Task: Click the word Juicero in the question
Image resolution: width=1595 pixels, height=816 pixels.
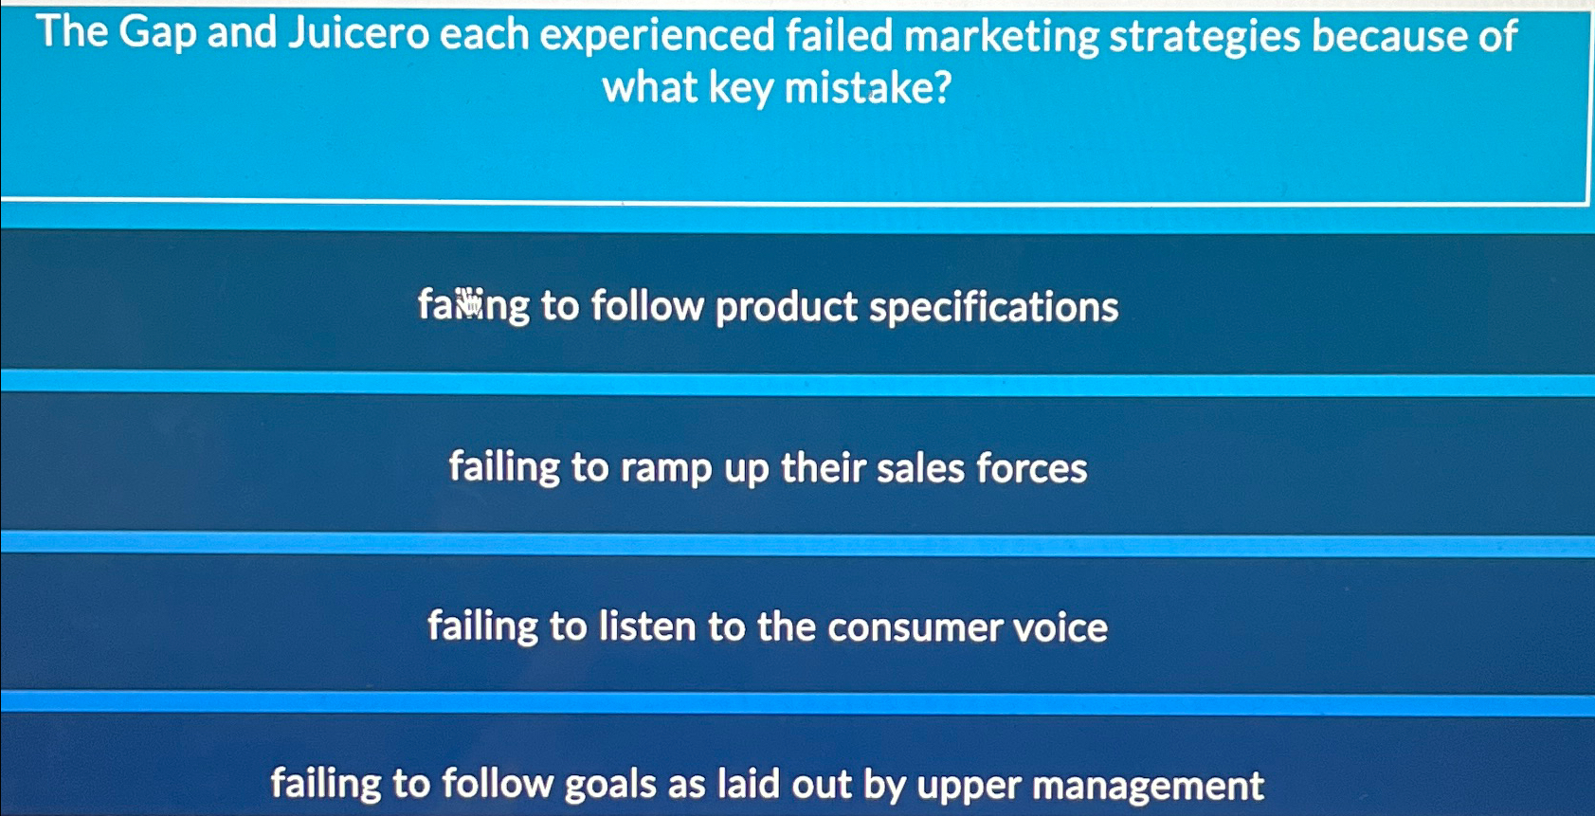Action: point(358,33)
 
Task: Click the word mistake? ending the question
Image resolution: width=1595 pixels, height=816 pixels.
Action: point(867,88)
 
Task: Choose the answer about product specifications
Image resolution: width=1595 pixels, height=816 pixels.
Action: point(769,307)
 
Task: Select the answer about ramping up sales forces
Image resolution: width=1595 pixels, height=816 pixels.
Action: point(769,468)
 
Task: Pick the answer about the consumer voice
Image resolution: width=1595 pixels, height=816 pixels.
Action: point(768,626)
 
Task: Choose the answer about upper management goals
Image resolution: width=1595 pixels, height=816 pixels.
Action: point(768,785)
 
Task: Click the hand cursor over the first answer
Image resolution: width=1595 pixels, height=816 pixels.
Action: point(468,302)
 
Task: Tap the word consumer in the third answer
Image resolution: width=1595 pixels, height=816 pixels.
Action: point(915,628)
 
